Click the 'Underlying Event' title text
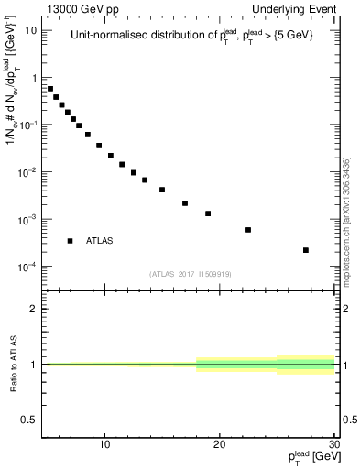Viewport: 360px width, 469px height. (x=295, y=9)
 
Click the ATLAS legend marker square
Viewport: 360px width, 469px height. (x=70, y=241)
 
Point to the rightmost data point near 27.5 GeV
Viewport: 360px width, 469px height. (x=306, y=250)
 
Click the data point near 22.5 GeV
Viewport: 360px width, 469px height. (x=248, y=230)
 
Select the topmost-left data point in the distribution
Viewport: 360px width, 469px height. (x=50, y=89)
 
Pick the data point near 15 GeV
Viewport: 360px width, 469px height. (x=162, y=190)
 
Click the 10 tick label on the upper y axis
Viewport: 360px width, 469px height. (x=30, y=30)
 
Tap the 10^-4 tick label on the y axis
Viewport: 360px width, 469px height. (x=27, y=267)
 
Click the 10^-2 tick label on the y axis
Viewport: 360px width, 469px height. (x=27, y=172)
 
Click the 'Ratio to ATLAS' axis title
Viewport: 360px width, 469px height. (x=12, y=365)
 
